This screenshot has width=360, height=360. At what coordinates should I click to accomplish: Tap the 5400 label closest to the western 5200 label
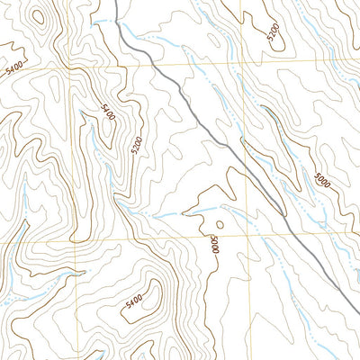tap(108, 113)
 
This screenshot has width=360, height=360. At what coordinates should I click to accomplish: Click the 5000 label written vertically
tap(214, 245)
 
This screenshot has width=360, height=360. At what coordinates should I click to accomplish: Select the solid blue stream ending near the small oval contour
tap(171, 216)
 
